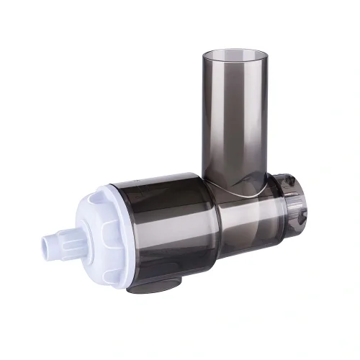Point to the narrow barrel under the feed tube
(245, 216)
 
